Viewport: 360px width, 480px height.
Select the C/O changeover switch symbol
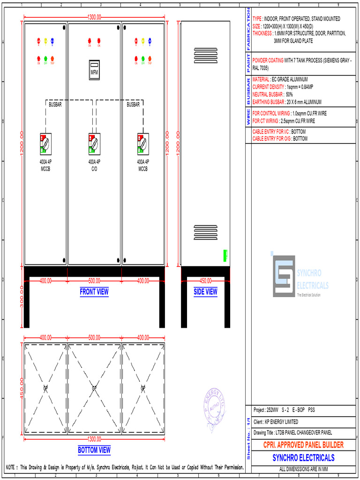(x=94, y=143)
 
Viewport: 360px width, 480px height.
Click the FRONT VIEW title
(x=94, y=292)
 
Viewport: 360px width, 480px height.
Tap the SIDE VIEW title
(x=205, y=292)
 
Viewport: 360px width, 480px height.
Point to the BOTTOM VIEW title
(x=94, y=450)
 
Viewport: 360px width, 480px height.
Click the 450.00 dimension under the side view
(x=205, y=281)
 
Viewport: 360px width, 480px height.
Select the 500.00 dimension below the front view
(x=94, y=281)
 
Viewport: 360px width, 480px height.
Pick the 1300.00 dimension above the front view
(x=94, y=17)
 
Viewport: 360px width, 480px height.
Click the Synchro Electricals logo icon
(x=284, y=276)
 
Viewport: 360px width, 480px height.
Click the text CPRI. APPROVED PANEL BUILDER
(x=303, y=445)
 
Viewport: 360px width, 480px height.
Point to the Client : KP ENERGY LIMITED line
(x=276, y=422)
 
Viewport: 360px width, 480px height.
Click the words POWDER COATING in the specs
(x=268, y=60)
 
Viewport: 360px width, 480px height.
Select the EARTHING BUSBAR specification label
(x=269, y=102)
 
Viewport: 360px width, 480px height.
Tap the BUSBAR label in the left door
(x=55, y=105)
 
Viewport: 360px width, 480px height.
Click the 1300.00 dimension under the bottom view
(x=94, y=439)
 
